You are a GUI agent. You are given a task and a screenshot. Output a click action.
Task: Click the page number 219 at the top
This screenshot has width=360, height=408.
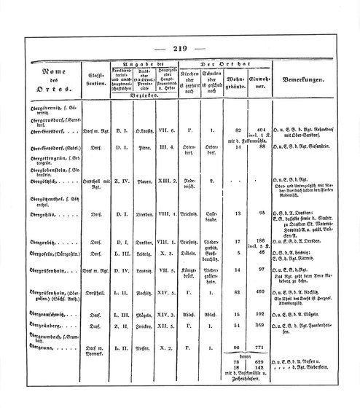(x=181, y=50)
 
